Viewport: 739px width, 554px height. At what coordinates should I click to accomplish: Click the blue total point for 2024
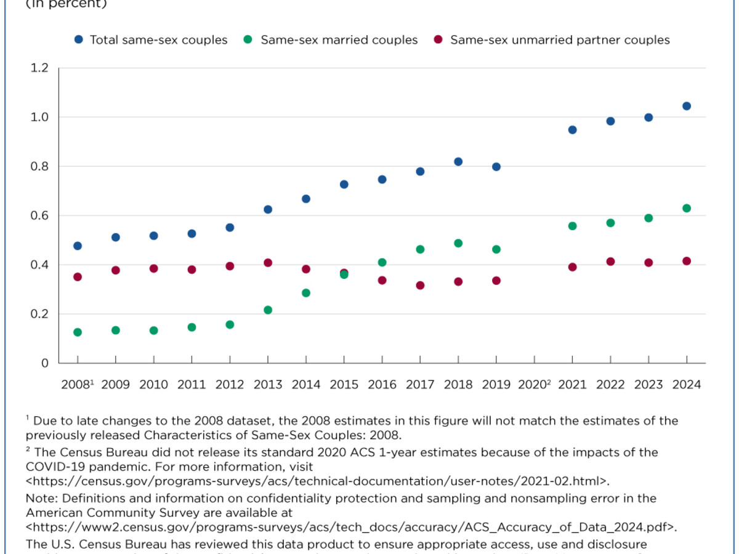687,106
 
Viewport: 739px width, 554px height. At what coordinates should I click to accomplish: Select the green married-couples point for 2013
268,310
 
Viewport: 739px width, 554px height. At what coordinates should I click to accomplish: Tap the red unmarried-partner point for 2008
78,277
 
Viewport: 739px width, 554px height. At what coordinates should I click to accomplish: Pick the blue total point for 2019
496,167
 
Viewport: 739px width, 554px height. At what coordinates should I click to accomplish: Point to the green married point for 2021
573,226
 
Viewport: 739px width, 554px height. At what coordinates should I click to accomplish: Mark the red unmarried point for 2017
420,286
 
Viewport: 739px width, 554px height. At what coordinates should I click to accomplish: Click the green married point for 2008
78,332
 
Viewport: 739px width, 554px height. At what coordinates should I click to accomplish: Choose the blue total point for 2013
268,209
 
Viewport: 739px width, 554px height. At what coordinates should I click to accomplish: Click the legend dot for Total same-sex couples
78,40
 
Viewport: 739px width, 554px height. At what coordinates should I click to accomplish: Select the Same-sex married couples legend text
339,40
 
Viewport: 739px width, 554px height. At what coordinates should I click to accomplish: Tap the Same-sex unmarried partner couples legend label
560,40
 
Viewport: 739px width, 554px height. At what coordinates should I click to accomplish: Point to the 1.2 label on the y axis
39,68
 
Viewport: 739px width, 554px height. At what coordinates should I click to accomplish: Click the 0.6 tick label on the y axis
39,215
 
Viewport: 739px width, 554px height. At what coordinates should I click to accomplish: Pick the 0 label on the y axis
44,363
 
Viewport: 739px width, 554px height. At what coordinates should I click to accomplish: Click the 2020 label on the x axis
533,385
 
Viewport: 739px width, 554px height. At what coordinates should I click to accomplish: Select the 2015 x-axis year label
344,385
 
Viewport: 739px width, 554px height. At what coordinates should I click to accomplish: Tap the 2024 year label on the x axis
687,385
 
